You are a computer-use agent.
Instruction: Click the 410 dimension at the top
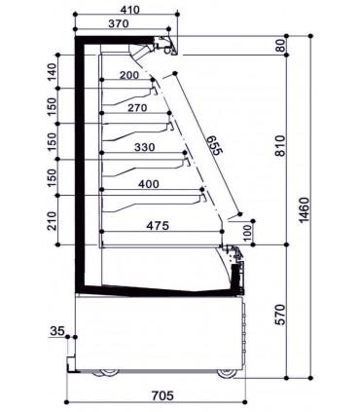tap(130, 10)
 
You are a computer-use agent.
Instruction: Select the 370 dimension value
tap(119, 23)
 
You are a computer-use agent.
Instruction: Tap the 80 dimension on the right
tap(281, 45)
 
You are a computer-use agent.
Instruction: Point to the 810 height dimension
tap(281, 146)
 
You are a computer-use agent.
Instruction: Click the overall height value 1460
tap(305, 210)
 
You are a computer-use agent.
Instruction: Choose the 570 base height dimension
tap(281, 315)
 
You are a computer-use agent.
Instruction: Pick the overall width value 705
tap(162, 395)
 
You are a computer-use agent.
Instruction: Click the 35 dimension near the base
tap(57, 331)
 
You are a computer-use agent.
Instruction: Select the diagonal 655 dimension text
tap(215, 145)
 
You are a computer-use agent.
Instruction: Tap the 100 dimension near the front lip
tap(247, 233)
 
